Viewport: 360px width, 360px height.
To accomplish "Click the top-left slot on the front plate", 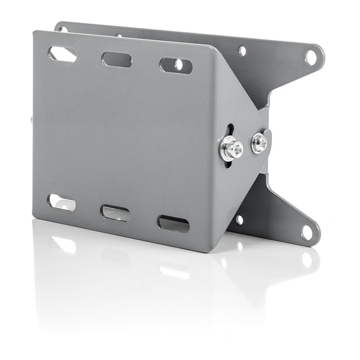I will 62,54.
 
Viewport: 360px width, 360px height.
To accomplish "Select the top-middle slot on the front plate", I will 116,59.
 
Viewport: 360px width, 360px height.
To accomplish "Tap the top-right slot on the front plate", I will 176,65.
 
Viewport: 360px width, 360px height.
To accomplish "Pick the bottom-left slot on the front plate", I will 62,202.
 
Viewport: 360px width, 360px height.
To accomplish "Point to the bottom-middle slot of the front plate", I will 116,213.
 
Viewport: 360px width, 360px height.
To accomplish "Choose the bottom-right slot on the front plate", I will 173,224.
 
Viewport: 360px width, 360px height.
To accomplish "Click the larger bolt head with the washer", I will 231,148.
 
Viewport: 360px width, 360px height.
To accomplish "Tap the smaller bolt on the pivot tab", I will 259,142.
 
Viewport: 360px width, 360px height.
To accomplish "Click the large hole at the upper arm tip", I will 311,57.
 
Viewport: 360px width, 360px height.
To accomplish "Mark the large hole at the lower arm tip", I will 307,231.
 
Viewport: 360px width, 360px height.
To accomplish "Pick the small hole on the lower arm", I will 239,220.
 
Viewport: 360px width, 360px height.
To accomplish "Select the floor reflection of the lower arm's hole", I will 307,259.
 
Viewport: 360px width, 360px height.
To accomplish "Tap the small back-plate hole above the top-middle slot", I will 119,35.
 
